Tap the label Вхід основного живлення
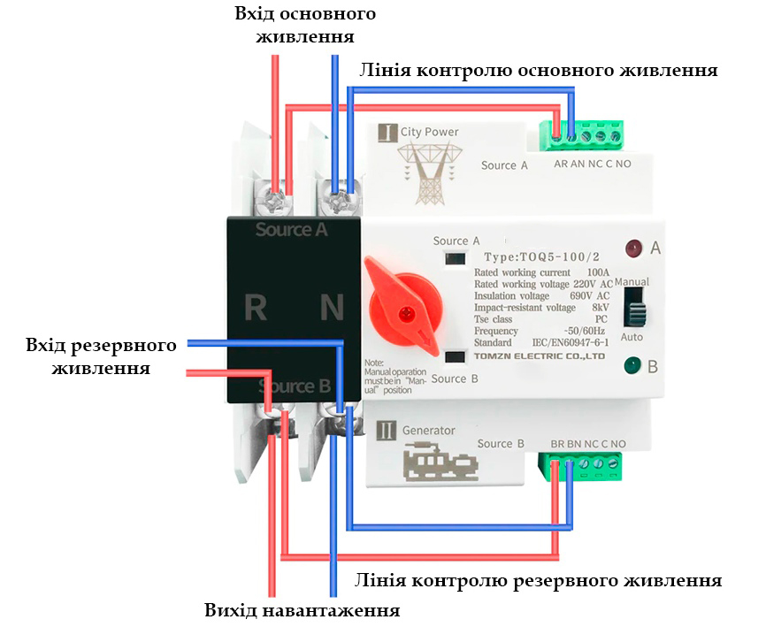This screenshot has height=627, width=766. (304, 26)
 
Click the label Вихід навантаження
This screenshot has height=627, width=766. (302, 610)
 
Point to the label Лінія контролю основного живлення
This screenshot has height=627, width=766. (537, 71)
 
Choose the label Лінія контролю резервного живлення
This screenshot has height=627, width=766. (537, 581)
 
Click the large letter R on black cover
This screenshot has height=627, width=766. (256, 308)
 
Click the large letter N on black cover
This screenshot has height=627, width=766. (331, 308)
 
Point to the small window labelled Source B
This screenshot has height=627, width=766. (456, 358)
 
